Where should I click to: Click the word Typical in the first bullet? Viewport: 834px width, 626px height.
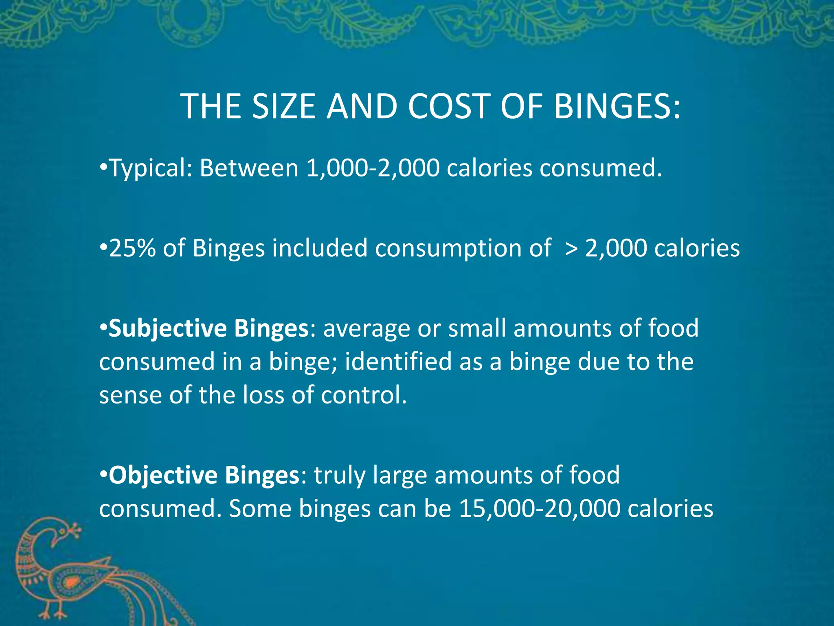click(149, 168)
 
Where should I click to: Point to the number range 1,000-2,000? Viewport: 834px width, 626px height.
click(373, 168)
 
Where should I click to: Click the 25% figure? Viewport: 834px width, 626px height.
click(132, 248)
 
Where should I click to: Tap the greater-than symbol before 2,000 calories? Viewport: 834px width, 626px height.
click(571, 249)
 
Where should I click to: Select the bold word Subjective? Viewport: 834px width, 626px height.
click(167, 328)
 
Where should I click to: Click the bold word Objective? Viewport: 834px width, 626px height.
click(163, 475)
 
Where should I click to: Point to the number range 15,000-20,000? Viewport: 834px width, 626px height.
click(540, 509)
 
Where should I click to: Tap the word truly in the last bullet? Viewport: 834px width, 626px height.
click(340, 476)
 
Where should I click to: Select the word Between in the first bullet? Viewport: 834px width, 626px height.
click(249, 168)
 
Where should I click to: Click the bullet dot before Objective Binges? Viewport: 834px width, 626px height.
click(103, 475)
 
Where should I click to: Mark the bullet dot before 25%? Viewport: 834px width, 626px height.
click(103, 248)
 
